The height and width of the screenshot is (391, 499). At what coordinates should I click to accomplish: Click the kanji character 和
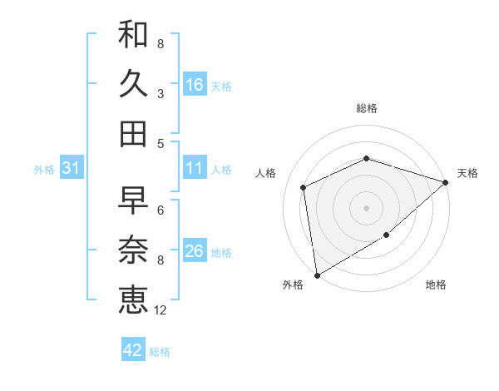point(133,34)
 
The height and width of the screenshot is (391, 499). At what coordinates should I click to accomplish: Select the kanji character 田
point(133,133)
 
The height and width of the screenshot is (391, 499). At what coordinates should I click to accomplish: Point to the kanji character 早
point(133,200)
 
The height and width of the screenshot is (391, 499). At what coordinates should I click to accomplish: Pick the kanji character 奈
point(133,250)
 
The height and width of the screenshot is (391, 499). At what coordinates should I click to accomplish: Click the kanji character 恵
point(133,299)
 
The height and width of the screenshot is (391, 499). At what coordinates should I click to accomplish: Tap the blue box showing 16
point(195,84)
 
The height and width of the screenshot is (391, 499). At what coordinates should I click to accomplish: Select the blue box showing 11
point(195,168)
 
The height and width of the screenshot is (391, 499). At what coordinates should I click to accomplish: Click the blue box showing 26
point(195,251)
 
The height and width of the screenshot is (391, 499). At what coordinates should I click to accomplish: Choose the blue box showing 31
point(71,168)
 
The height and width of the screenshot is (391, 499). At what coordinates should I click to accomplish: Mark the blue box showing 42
point(133,350)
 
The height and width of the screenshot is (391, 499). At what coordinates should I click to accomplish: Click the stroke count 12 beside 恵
point(161,310)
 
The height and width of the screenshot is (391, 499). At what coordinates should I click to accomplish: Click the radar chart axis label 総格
point(367,108)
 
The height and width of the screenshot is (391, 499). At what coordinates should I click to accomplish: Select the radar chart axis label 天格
point(467,173)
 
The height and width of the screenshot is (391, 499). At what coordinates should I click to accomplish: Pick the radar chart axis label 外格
point(293,285)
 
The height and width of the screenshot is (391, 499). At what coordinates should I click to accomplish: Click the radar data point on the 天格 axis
point(445,182)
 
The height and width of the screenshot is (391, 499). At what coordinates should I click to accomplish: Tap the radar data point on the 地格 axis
point(387,236)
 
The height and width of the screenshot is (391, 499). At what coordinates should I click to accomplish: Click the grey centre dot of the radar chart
point(366,207)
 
